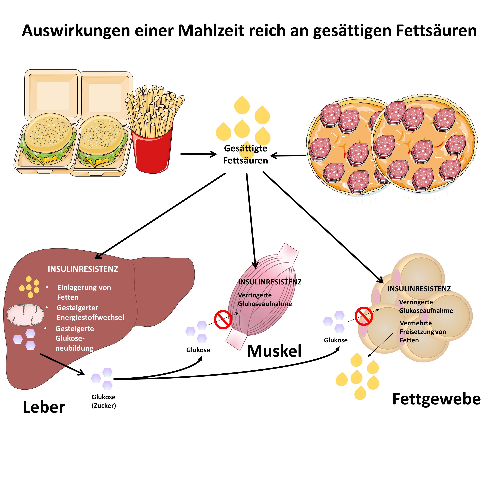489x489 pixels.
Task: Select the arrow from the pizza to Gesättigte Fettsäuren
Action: [x=289, y=156]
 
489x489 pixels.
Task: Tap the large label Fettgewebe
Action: [x=436, y=399]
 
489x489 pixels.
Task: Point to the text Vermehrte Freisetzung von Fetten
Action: [x=423, y=332]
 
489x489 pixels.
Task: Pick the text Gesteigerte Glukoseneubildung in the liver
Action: [x=74, y=338]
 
